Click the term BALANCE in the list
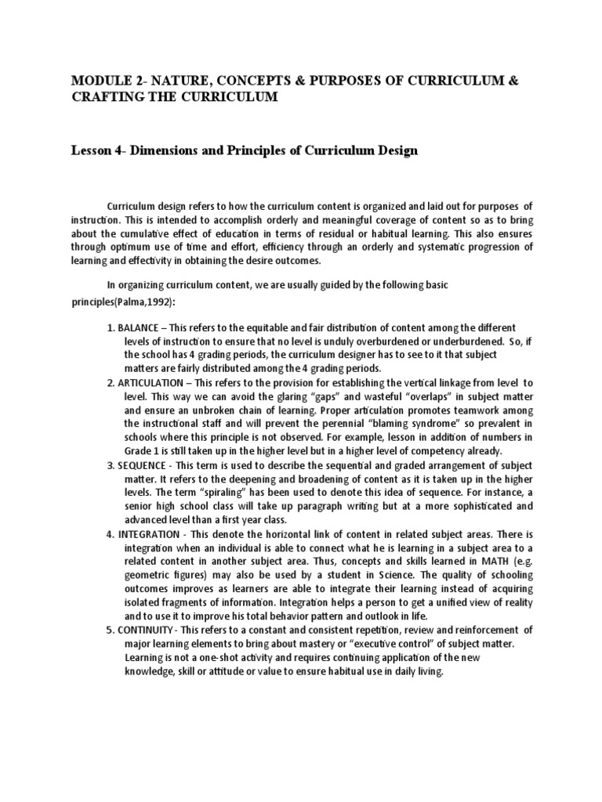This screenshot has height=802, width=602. coord(141,327)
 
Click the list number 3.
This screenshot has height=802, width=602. coord(111,465)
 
